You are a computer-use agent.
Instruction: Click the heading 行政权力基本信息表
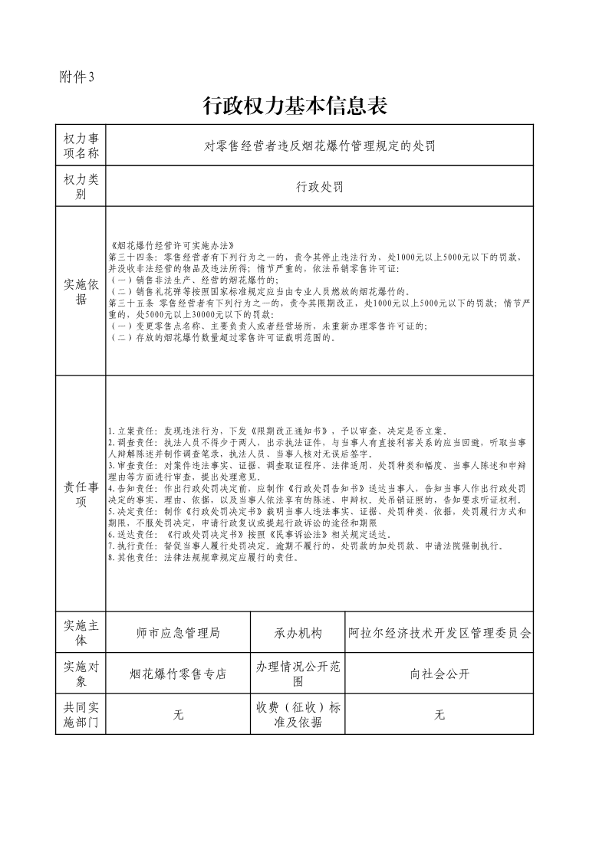(x=295, y=107)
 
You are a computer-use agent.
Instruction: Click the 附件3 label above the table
(x=76, y=77)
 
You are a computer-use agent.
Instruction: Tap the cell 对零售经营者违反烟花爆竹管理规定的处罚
(x=319, y=146)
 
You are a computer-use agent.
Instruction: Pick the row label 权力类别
(x=81, y=186)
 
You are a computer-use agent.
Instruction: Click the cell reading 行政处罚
(x=319, y=186)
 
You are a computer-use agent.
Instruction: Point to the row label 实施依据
(x=81, y=291)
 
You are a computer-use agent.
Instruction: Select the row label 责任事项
(x=81, y=493)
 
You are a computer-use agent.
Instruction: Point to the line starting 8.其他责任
(x=203, y=557)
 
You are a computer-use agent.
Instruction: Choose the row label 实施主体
(x=81, y=633)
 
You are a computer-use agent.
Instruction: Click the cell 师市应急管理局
(x=178, y=634)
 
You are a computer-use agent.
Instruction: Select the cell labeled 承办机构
(x=298, y=634)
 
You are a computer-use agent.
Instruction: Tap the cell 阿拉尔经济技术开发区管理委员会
(x=439, y=634)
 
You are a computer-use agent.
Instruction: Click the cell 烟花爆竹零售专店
(x=178, y=674)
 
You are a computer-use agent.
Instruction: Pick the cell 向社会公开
(x=439, y=674)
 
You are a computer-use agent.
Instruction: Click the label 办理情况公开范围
(x=298, y=674)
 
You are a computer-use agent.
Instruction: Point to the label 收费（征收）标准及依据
(x=298, y=714)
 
